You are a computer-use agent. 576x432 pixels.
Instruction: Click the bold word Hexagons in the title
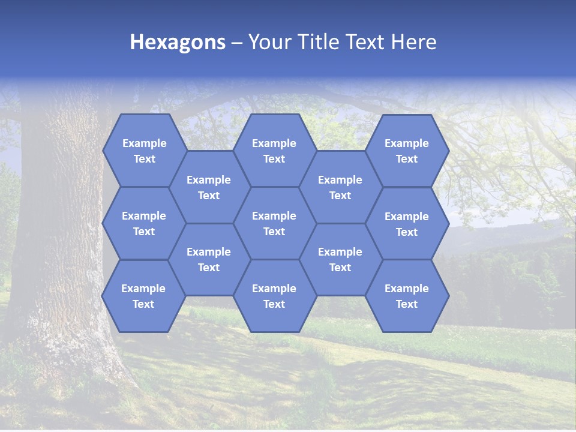178,42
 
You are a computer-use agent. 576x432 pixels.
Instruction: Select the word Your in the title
268,42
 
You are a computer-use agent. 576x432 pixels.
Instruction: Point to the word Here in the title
413,42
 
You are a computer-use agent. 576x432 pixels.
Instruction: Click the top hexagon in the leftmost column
144,151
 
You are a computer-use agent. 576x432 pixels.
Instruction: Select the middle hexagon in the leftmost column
144,223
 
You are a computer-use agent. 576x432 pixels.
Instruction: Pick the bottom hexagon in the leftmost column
143,296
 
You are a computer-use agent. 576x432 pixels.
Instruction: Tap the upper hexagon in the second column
209,187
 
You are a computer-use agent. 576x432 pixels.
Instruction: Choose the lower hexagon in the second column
209,259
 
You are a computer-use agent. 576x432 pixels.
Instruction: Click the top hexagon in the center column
274,151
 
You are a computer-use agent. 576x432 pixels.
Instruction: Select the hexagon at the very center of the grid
274,223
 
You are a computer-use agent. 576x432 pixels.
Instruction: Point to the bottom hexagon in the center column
274,296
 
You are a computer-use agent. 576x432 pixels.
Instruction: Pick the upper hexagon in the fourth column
340,187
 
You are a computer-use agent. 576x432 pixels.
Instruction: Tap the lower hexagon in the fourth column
340,259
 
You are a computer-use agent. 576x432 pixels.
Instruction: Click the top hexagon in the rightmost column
407,151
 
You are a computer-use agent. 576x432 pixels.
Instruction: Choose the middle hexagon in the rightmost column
407,224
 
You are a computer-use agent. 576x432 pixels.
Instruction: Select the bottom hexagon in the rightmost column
407,296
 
